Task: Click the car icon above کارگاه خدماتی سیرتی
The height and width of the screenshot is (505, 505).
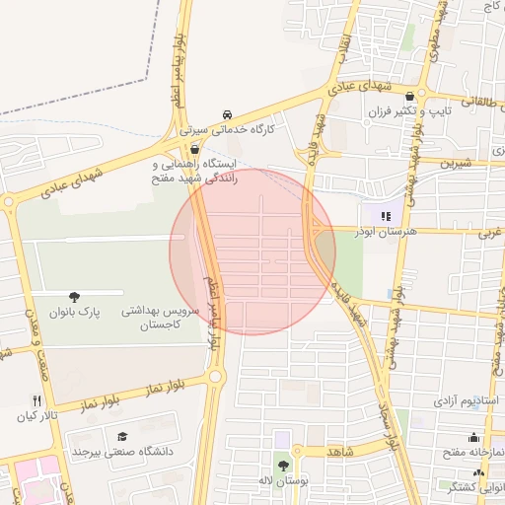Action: point(229,113)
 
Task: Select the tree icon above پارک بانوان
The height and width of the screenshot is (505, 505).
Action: point(75,297)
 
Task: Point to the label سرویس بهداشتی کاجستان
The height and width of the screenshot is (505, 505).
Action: point(160,317)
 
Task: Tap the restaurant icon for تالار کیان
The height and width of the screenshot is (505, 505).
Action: point(36,400)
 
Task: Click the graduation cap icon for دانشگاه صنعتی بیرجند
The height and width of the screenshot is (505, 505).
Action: point(122,437)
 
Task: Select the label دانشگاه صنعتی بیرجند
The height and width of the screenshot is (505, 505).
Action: point(122,452)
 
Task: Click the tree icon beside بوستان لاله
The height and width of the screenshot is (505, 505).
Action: point(284,466)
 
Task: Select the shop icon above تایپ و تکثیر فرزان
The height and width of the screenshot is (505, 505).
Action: point(422,97)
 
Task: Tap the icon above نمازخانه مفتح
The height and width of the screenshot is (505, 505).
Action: point(474,438)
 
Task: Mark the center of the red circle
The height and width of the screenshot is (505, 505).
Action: point(252,252)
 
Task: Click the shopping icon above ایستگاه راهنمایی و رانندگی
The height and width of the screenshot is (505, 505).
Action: point(194,149)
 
